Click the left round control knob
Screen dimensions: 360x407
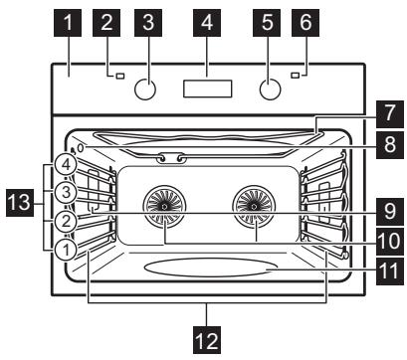coord(145,90)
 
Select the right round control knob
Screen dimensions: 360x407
coord(269,90)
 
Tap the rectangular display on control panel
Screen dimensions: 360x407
coord(207,88)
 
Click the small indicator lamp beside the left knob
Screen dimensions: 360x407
coord(117,76)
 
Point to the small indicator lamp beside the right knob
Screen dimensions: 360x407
coord(296,76)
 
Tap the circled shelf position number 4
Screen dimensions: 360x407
coord(63,162)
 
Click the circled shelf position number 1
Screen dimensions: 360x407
coord(63,251)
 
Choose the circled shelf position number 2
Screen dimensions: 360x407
coord(63,220)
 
